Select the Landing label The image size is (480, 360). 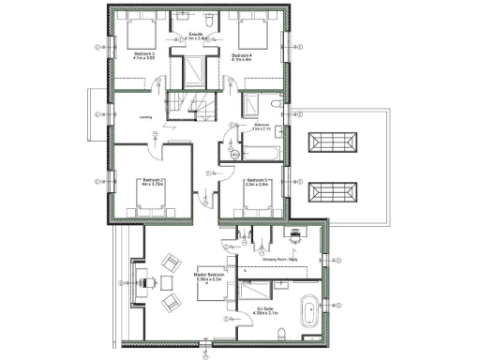[145, 117]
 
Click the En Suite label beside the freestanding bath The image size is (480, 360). [267, 309]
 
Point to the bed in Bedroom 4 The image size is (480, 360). [253, 35]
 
